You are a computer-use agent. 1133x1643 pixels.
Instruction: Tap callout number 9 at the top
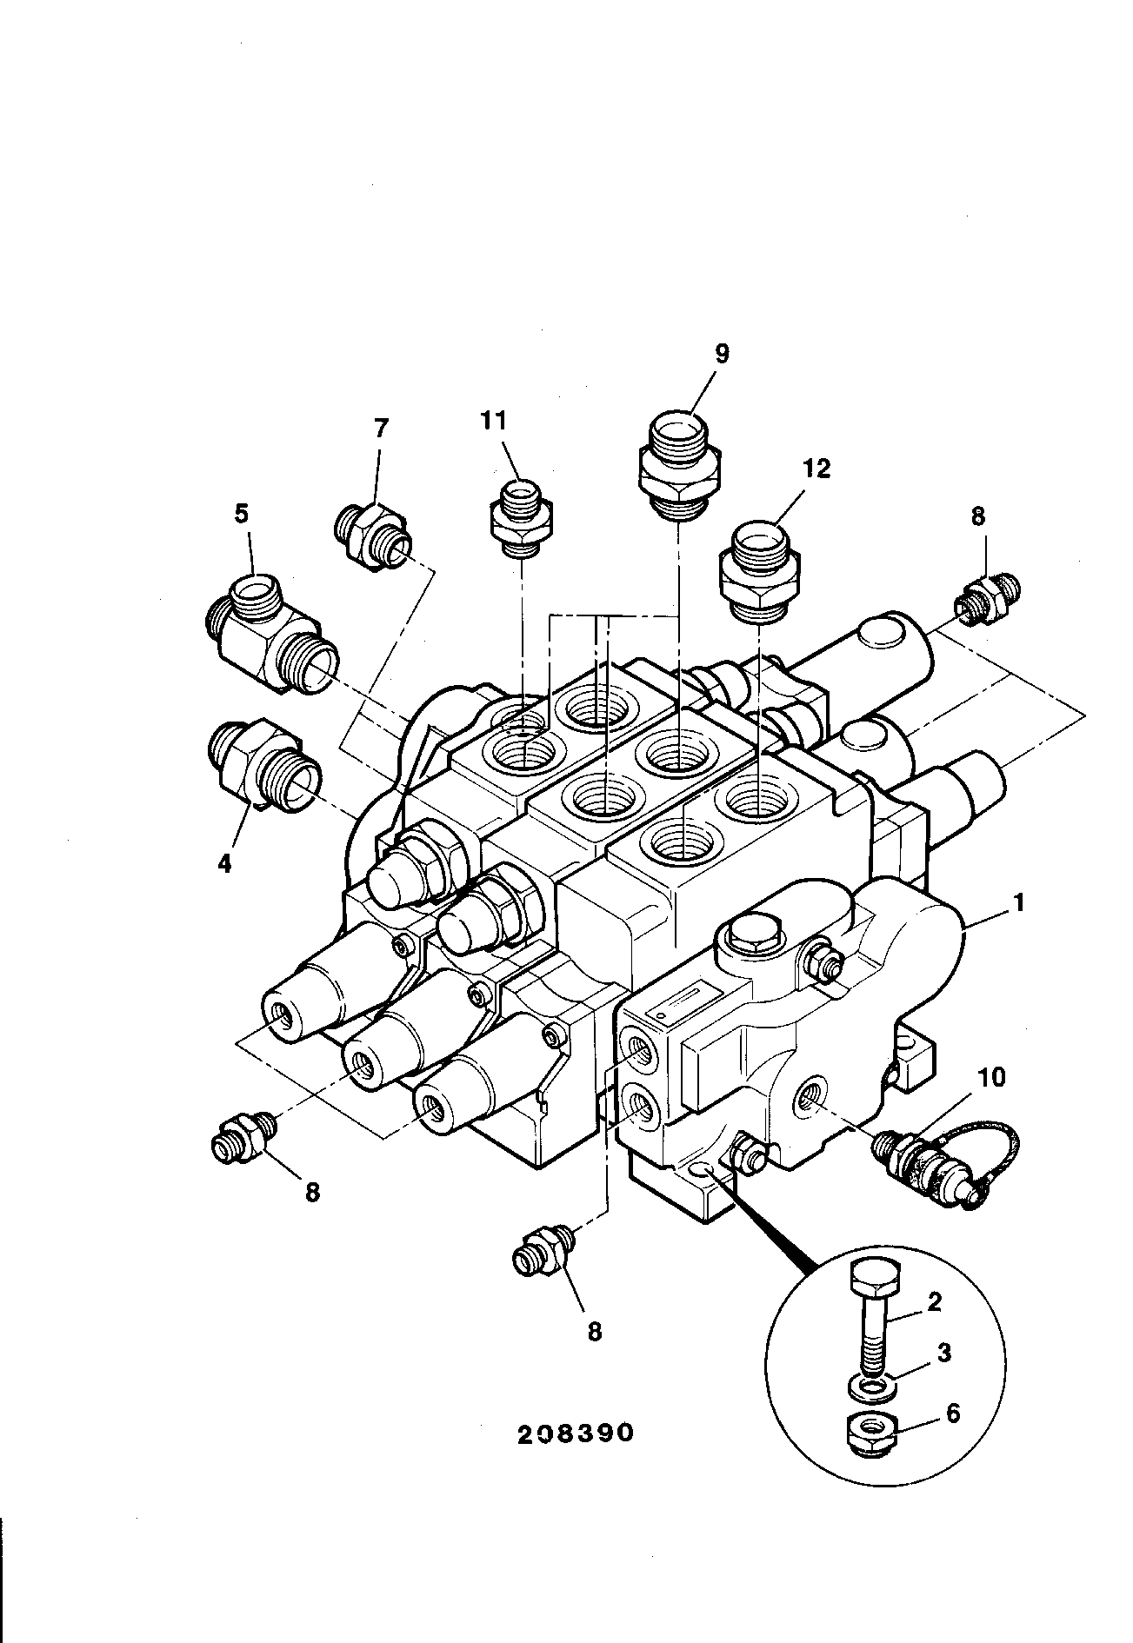coord(722,354)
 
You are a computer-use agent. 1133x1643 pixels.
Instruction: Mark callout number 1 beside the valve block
coord(1019,904)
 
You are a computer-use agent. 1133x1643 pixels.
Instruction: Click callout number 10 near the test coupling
coord(992,1078)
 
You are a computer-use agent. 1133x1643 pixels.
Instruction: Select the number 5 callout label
coord(241,514)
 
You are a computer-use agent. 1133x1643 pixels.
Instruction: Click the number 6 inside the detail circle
coord(953,1414)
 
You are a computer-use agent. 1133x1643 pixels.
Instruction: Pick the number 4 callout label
coord(224,865)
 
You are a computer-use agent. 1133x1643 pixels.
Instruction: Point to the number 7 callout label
coord(381,429)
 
